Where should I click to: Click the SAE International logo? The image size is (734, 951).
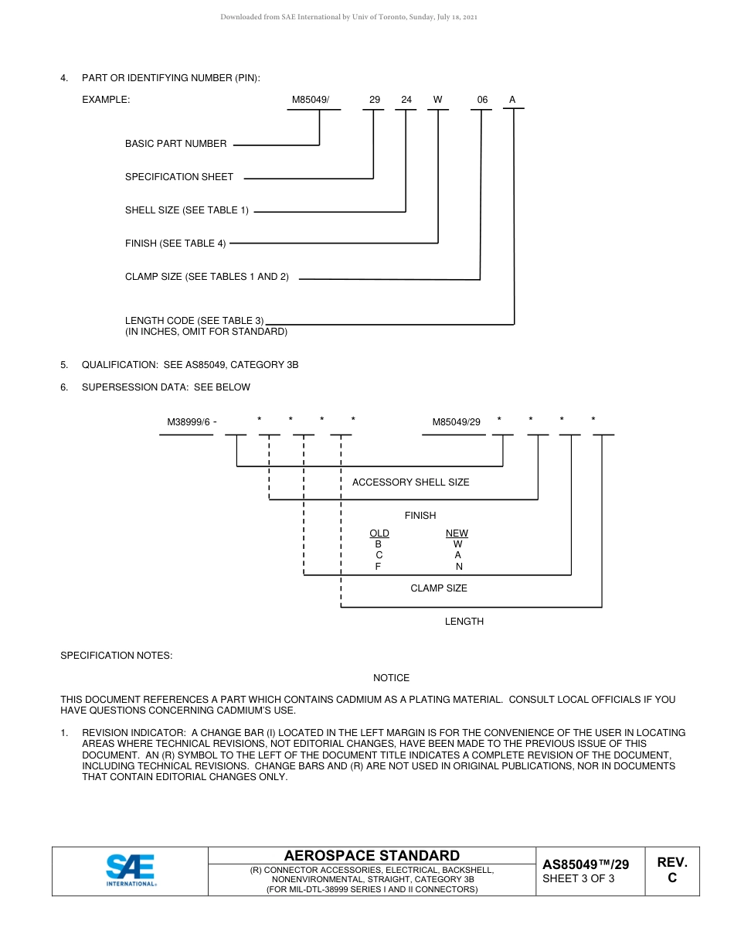pos(131,870)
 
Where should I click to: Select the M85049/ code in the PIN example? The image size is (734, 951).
pos(311,100)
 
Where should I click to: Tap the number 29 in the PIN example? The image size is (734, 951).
pos(374,100)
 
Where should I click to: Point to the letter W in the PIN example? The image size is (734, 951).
pos(437,100)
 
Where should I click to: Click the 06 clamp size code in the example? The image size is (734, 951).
pos(482,100)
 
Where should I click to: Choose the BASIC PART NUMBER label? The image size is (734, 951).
pos(176,144)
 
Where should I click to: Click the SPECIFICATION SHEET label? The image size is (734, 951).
pos(179,177)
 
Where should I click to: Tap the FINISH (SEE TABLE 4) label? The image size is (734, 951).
pos(175,244)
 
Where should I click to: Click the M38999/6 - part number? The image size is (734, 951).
pos(192,422)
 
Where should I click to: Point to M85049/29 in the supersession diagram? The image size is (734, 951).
pos(456,422)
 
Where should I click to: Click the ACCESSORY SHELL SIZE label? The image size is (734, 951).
pos(410,482)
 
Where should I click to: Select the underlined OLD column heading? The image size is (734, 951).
pos(379,533)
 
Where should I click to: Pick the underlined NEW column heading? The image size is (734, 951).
pos(457,533)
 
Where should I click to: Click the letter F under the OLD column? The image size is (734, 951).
pos(379,567)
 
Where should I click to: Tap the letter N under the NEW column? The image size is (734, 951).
pos(459,567)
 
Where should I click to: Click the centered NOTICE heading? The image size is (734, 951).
pos(391,678)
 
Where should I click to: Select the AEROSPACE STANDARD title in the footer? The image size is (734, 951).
pos(372,855)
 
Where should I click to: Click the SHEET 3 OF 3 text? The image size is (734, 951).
pos(578,878)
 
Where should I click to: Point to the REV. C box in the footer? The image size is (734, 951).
pos(671,870)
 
